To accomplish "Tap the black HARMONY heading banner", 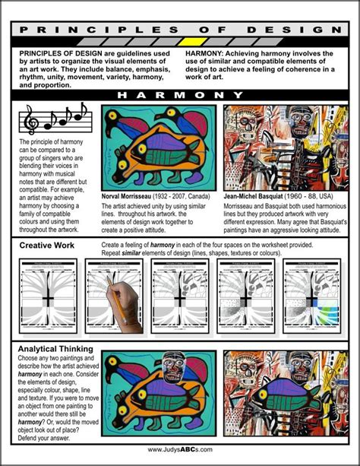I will click(180, 95).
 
